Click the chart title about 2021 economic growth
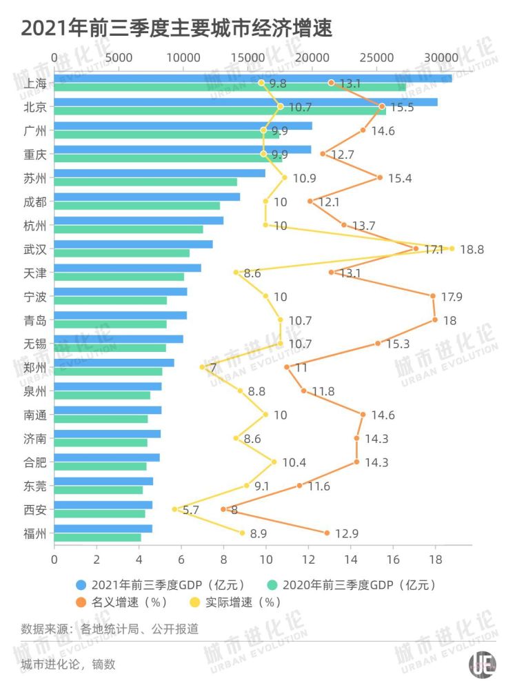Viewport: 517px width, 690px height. (176, 29)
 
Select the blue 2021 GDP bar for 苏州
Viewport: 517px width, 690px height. (159, 173)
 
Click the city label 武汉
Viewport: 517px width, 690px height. (35, 248)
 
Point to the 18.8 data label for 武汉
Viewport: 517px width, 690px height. (472, 249)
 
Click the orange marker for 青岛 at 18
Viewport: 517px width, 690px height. (435, 319)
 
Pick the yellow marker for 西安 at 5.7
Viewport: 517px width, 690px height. (174, 509)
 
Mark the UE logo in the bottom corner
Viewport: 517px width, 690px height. (482, 664)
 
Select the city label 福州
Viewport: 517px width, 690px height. (35, 533)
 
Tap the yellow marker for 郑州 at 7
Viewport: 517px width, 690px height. (202, 367)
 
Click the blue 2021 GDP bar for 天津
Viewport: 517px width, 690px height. (127, 268)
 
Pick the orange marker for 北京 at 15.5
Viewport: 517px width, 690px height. (382, 106)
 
